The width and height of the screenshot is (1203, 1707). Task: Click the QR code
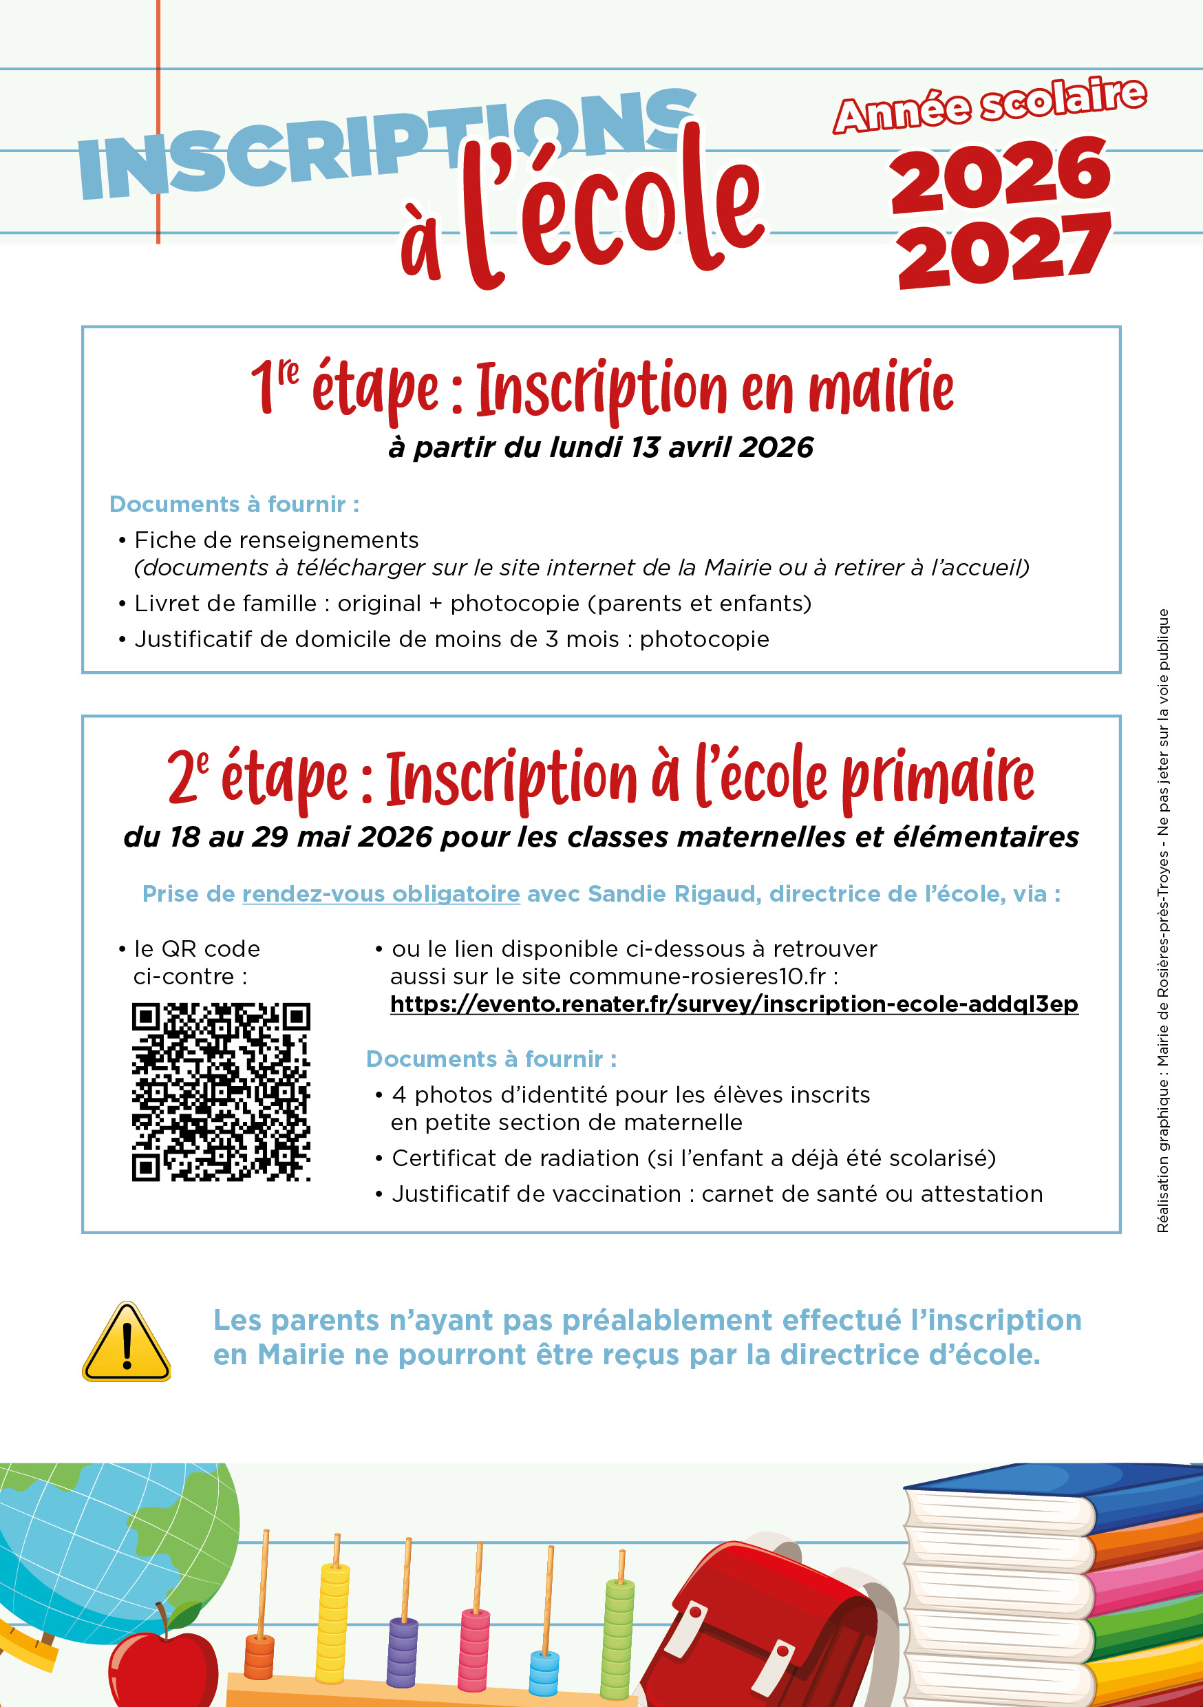click(221, 1091)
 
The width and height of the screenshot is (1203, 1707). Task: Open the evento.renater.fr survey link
click(734, 1004)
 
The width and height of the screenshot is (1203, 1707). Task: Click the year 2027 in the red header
click(1003, 251)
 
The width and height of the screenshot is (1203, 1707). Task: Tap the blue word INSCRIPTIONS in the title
click(387, 145)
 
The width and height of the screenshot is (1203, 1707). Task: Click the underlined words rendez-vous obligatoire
click(381, 893)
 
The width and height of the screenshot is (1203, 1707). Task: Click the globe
click(104, 1547)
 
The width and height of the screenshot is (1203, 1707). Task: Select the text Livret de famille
click(225, 603)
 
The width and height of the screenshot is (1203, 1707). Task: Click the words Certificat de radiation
click(515, 1158)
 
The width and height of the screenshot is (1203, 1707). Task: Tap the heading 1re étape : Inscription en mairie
click(601, 388)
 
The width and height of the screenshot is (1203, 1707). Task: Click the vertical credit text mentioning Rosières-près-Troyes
click(1163, 922)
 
